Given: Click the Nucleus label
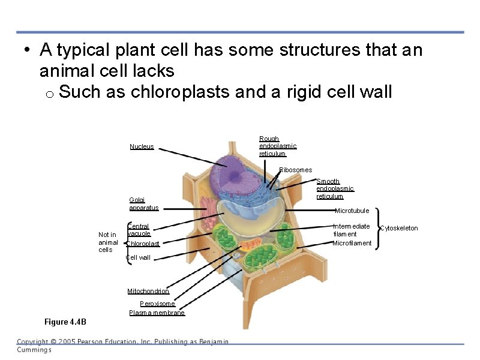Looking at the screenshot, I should tap(142, 146).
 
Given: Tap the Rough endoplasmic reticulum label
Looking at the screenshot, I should tap(277, 146).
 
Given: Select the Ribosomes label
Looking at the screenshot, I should tap(295, 170).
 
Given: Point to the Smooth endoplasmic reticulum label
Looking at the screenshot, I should tap(334, 188).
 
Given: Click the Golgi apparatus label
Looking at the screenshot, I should tap(143, 204).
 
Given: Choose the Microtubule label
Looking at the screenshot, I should tap(352, 211).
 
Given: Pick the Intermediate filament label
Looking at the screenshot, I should tap(352, 230).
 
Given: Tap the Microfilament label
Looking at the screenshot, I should tap(352, 243).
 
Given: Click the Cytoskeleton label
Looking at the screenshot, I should tap(399, 228).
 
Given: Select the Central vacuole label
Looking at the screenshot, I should tap(139, 230).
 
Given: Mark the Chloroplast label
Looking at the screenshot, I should tap(143, 244).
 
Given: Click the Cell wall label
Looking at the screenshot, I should tap(138, 258).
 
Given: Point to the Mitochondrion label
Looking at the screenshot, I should tap(148, 292).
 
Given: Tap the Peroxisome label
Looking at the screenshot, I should tap(157, 304).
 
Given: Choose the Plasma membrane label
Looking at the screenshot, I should tap(157, 313).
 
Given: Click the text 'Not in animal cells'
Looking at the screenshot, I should tap(107, 242).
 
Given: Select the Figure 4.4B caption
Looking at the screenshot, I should tap(65, 322).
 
